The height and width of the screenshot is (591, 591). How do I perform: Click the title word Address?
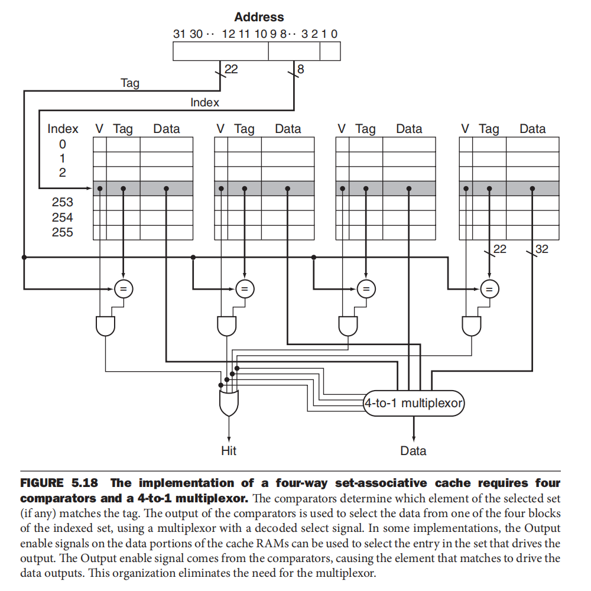(259, 17)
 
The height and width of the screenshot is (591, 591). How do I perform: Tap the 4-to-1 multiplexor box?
(413, 404)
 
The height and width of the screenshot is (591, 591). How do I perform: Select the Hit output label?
(229, 451)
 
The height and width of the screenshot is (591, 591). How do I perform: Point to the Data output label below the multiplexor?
(413, 451)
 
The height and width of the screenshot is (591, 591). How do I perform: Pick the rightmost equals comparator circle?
(488, 288)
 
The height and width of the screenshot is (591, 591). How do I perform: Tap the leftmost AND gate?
(105, 325)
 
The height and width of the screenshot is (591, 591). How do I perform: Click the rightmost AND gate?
(471, 325)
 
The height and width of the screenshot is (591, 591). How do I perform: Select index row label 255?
(63, 232)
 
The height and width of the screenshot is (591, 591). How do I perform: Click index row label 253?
(63, 203)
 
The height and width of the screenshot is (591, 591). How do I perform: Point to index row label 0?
(63, 144)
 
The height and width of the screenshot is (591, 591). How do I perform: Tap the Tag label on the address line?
(130, 83)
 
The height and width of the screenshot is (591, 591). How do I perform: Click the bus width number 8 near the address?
(301, 70)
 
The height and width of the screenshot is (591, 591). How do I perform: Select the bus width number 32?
(541, 249)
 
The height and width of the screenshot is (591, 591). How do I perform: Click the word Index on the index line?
(204, 102)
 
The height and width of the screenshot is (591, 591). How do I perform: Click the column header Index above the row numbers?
(63, 129)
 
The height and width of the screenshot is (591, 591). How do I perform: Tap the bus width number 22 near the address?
(231, 70)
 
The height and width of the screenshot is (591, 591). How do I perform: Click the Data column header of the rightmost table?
(532, 129)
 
